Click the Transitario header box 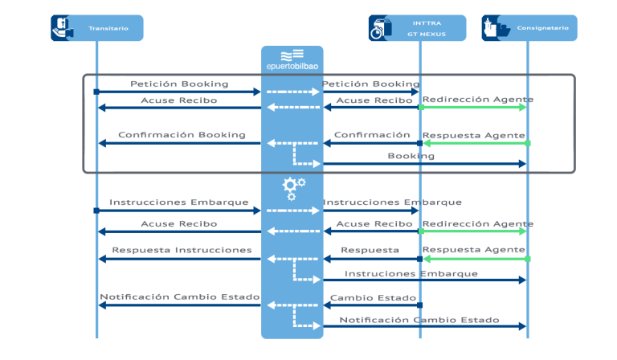point(96,28)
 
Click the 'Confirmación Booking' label point(182,134)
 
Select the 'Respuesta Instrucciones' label point(182,250)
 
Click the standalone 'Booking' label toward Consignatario point(411,155)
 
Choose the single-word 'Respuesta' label point(370,250)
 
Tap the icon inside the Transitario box point(61,28)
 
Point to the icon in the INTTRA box point(379,28)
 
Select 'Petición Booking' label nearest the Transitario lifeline point(179,84)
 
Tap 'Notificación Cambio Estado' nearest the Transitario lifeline point(179,297)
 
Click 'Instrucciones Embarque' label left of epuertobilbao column point(179,202)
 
